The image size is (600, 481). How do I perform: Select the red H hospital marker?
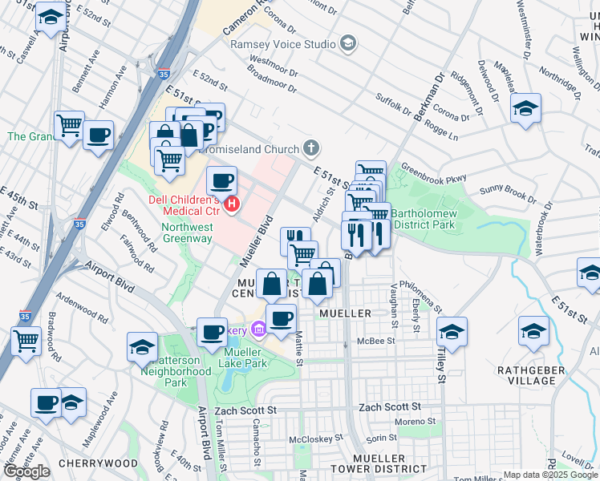233,205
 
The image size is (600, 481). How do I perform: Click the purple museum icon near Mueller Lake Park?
258,329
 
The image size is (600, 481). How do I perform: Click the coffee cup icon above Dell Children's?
221,180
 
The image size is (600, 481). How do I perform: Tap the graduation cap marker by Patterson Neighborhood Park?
142,346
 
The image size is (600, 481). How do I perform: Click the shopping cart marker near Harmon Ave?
70,126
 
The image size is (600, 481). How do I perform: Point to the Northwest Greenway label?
188,232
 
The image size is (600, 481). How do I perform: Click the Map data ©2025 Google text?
550,475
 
